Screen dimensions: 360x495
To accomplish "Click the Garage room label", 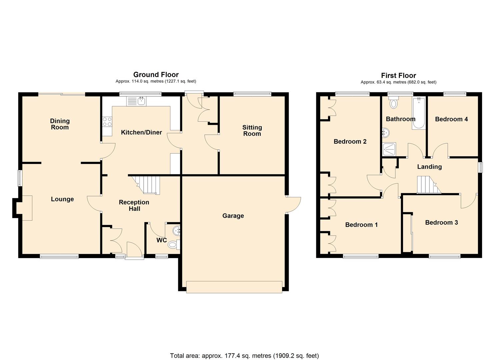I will (x=233, y=216).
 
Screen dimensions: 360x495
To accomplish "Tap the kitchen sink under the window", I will (x=136, y=101).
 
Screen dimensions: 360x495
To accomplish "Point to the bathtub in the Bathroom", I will (x=418, y=114).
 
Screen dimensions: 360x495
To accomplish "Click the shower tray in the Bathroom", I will (x=389, y=149).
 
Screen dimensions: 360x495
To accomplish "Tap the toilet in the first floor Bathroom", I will (x=394, y=103).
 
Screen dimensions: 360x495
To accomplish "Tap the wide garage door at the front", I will (x=234, y=287).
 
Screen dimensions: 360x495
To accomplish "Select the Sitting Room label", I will (x=252, y=130).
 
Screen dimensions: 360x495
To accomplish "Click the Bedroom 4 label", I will (x=451, y=119).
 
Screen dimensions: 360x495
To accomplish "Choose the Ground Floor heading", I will (x=156, y=75).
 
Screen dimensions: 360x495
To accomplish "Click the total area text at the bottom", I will (x=244, y=356).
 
